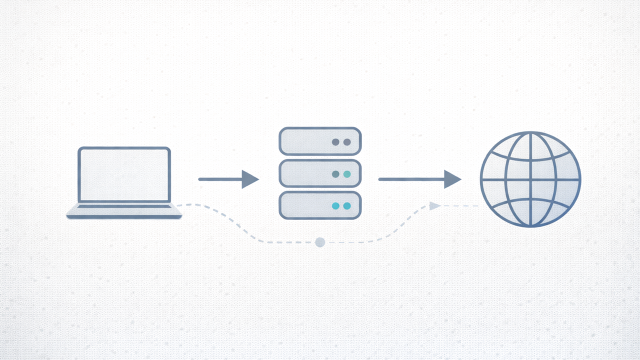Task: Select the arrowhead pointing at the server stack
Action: (249, 179)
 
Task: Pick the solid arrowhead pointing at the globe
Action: (452, 179)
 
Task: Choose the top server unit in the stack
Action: (320, 141)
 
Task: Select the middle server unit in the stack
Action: (320, 173)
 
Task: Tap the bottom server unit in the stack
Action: (320, 205)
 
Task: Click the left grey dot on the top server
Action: (335, 142)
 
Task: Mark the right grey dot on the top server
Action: (347, 142)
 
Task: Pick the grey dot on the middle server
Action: (335, 174)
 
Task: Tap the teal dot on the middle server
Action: (347, 174)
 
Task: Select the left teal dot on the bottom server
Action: (335, 206)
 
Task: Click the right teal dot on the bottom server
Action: (347, 206)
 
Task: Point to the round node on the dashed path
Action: (320, 242)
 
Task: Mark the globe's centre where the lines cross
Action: (530, 179)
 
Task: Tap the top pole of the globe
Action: (530, 132)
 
